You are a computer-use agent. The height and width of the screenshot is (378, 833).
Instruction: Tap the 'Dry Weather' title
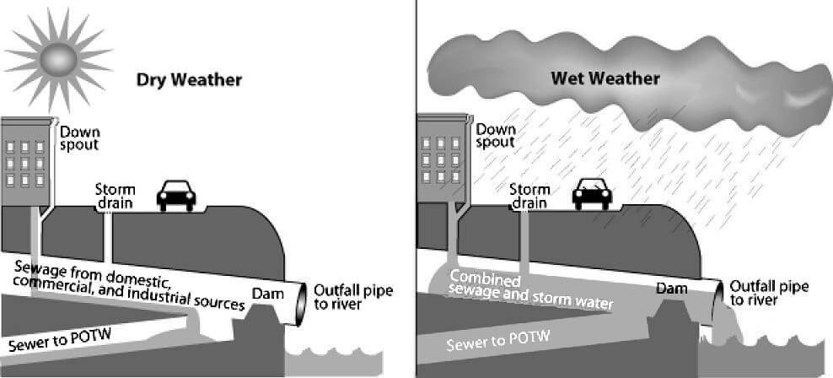click(x=189, y=80)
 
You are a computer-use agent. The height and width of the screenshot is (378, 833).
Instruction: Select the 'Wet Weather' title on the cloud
click(x=605, y=78)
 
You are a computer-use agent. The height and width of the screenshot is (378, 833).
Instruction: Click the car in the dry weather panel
click(x=176, y=196)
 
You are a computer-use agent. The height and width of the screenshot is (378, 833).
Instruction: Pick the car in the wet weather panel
click(x=592, y=193)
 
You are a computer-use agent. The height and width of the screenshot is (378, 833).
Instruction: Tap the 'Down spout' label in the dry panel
click(x=80, y=138)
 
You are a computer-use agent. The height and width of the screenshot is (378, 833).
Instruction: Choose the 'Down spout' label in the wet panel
click(x=495, y=136)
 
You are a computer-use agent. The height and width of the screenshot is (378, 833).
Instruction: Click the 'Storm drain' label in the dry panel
click(x=116, y=197)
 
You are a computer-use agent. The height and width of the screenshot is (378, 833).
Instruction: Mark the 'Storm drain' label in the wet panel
click(x=529, y=196)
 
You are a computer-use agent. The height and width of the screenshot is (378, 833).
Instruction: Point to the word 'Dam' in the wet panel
click(x=671, y=289)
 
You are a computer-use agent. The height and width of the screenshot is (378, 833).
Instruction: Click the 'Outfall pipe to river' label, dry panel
click(x=353, y=298)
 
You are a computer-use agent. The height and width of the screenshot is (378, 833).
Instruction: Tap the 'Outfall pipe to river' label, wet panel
click(x=769, y=293)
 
